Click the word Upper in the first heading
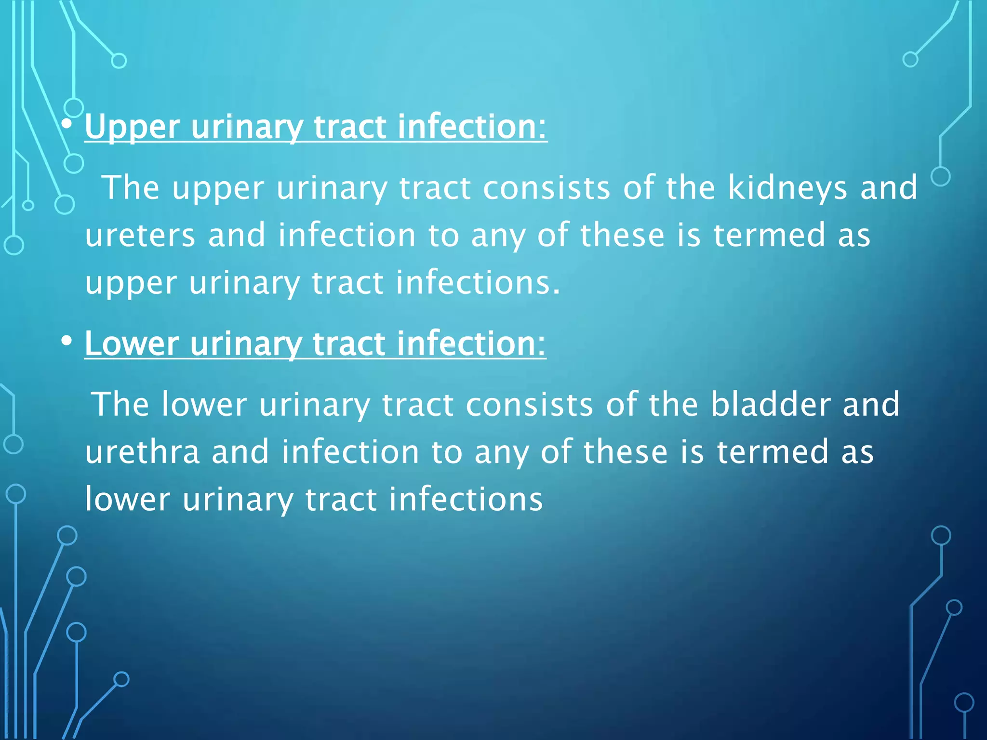[133, 127]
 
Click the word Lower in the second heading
[132, 344]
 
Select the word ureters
[140, 236]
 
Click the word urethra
[142, 452]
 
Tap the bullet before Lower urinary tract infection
[67, 341]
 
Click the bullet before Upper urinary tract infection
[67, 125]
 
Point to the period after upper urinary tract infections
[556, 292]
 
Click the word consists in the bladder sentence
[529, 404]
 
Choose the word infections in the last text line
[466, 500]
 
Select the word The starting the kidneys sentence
[131, 188]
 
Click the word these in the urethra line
[626, 452]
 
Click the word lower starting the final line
[128, 500]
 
